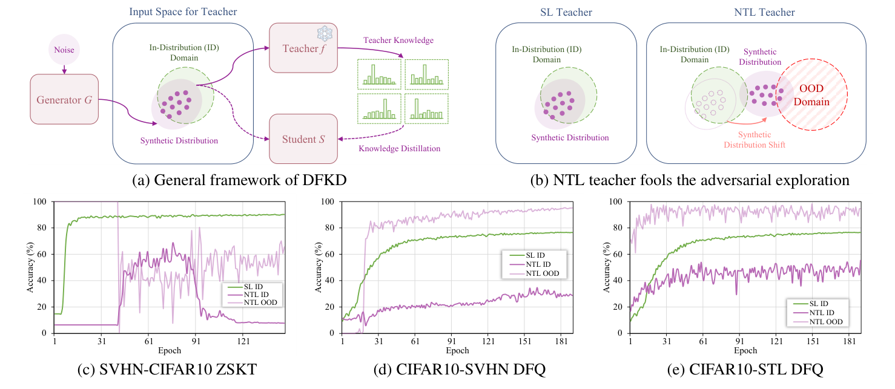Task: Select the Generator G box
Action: (x=64, y=99)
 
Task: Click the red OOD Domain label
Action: (x=812, y=96)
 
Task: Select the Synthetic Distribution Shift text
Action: (x=755, y=140)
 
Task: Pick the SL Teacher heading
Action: (x=566, y=12)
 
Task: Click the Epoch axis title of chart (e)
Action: (x=745, y=350)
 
